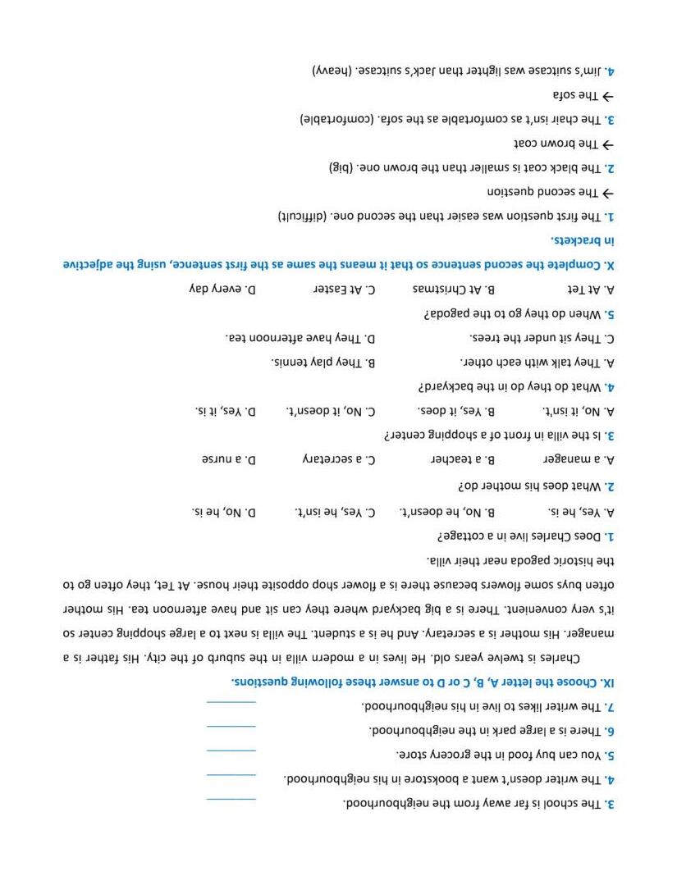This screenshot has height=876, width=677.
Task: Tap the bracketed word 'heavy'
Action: click(x=332, y=71)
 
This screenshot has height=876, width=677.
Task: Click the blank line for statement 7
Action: click(x=231, y=702)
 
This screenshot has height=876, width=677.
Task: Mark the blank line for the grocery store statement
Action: click(x=231, y=750)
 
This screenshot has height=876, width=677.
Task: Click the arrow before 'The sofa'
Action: click(x=608, y=96)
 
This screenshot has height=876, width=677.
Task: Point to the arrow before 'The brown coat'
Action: click(x=608, y=144)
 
